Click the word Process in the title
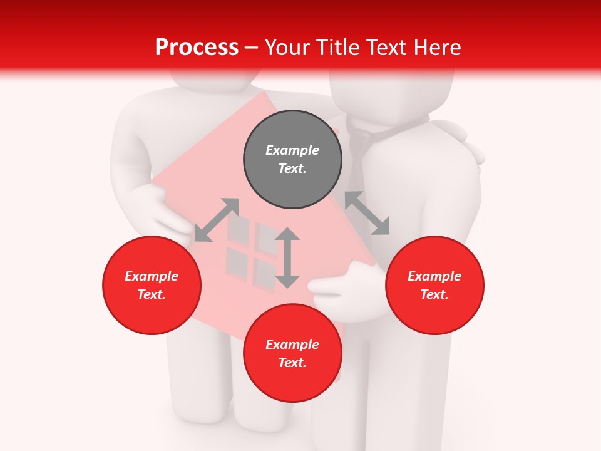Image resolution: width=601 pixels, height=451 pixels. pos(197,48)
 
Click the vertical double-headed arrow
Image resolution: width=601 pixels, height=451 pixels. pos(287,257)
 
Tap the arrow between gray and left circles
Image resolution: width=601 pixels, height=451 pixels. pos(217,219)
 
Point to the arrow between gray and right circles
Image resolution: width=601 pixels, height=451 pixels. pos(367,213)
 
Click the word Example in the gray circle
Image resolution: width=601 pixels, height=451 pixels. pos(292,150)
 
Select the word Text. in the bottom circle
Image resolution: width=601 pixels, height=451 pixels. pos(292,363)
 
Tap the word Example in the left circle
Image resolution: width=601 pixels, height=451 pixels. pos(152,276)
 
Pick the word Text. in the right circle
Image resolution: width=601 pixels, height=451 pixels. pos(434,294)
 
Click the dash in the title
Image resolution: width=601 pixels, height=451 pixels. pos(252,48)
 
